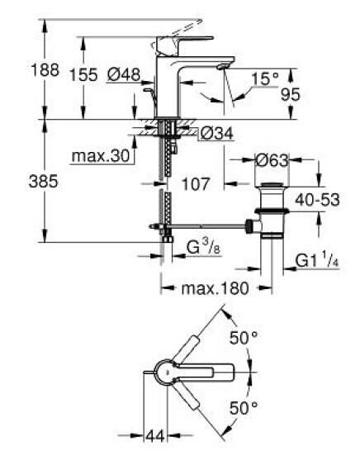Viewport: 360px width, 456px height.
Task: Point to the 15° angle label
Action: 264,79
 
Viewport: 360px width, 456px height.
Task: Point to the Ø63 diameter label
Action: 268,160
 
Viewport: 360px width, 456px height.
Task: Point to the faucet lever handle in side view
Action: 192,41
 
